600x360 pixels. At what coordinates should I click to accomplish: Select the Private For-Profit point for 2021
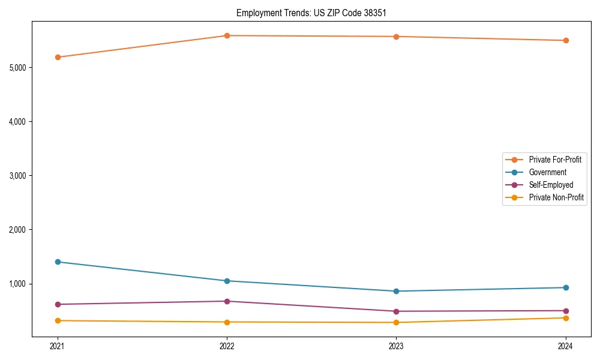coord(58,57)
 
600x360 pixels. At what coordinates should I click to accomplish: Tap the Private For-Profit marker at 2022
coord(227,35)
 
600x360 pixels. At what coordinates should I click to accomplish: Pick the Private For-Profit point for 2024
coord(566,40)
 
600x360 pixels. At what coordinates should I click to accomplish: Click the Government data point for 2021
coord(58,262)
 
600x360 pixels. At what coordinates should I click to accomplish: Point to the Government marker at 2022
coord(227,281)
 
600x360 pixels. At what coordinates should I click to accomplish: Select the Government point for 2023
coord(397,291)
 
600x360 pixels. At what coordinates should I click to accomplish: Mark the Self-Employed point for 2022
coord(227,301)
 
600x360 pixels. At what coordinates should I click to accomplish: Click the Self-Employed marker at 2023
coord(397,311)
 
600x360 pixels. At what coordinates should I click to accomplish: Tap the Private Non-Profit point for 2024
coord(566,318)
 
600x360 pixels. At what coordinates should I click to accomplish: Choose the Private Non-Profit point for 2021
coord(58,320)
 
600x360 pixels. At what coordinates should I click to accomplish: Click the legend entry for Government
coord(547,172)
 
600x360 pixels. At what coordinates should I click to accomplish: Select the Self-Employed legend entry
coord(551,185)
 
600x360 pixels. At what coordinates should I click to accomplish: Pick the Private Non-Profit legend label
coord(556,197)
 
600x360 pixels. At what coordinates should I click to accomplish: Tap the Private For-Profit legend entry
coord(555,160)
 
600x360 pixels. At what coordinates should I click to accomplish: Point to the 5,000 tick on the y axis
coord(18,68)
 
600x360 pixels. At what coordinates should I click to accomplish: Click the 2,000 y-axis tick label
coord(18,230)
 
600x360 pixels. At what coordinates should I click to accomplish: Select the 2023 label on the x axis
coord(397,346)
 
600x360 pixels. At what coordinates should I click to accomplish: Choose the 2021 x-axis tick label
coord(58,346)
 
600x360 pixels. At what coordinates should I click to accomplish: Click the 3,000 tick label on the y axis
coord(18,176)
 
